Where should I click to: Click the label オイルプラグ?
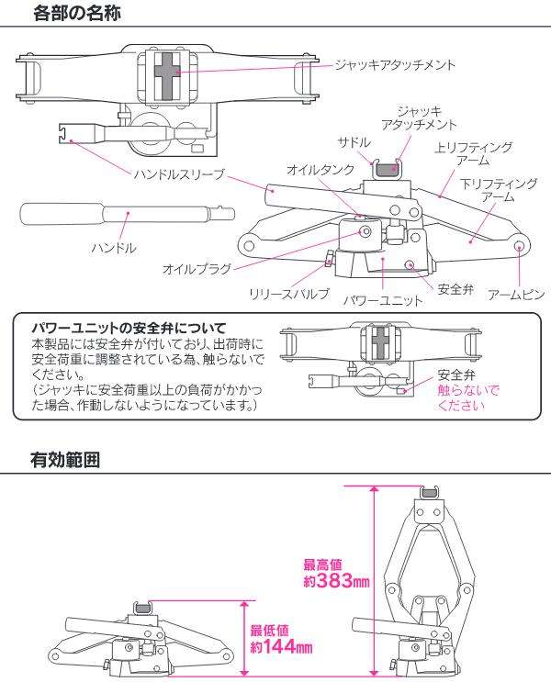pos(197,269)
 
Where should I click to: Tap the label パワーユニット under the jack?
pos(383,299)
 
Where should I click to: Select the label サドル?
pos(354,142)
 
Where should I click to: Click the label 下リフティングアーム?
pos(499,190)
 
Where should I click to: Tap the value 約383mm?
pos(336,580)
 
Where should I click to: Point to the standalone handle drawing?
pos(127,217)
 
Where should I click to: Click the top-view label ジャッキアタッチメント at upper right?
pos(395,65)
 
